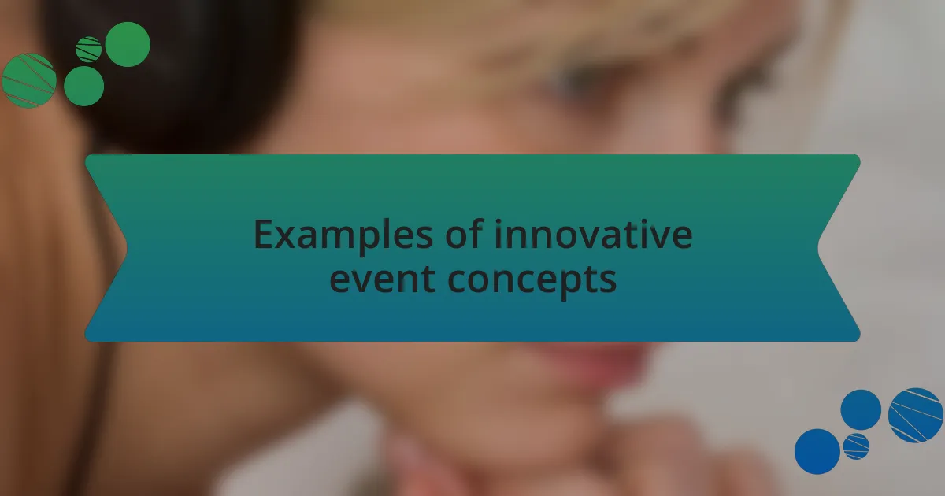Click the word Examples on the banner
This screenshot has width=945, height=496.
[341, 235]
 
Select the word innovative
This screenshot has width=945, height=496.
[593, 235]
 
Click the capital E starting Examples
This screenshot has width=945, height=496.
[264, 235]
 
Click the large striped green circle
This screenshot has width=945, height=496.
[28, 80]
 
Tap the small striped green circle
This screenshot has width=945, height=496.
[89, 49]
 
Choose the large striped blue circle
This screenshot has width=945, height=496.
[915, 415]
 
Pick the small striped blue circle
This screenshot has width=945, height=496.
[856, 446]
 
